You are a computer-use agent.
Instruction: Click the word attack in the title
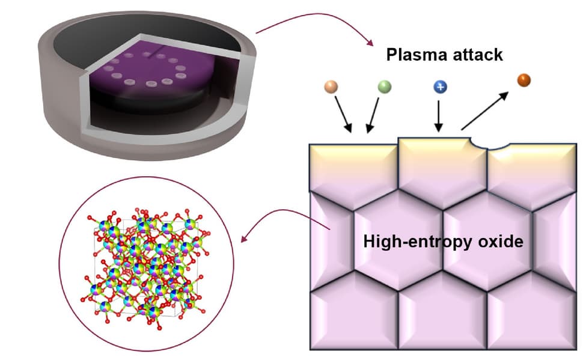coord(477,55)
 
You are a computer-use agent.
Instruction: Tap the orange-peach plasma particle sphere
coord(330,87)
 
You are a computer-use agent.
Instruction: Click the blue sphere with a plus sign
coord(440,87)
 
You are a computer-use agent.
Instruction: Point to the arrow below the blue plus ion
coord(439,116)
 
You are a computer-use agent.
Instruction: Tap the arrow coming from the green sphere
coord(372,115)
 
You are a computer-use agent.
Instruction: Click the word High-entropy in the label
coord(415,242)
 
